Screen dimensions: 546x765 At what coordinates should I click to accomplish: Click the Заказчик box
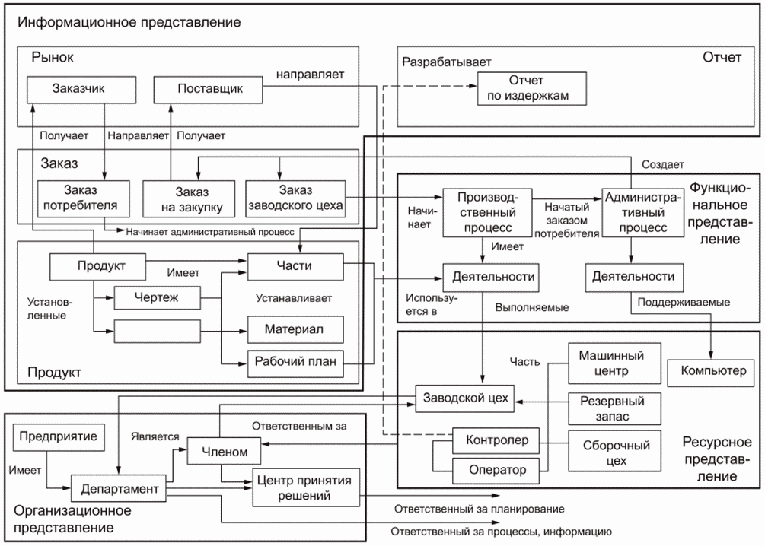pos(75,88)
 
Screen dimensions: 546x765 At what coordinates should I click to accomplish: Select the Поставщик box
pos(209,88)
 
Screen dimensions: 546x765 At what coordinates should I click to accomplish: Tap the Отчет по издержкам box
pos(532,88)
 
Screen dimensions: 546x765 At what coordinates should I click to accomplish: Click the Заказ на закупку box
pos(187,198)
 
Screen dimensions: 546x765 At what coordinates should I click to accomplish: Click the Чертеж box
pos(156,297)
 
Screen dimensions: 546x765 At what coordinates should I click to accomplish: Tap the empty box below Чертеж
pos(156,331)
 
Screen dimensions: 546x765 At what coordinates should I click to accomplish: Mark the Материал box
pos(295,330)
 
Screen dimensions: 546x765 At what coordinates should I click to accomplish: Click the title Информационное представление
pos(129,21)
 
